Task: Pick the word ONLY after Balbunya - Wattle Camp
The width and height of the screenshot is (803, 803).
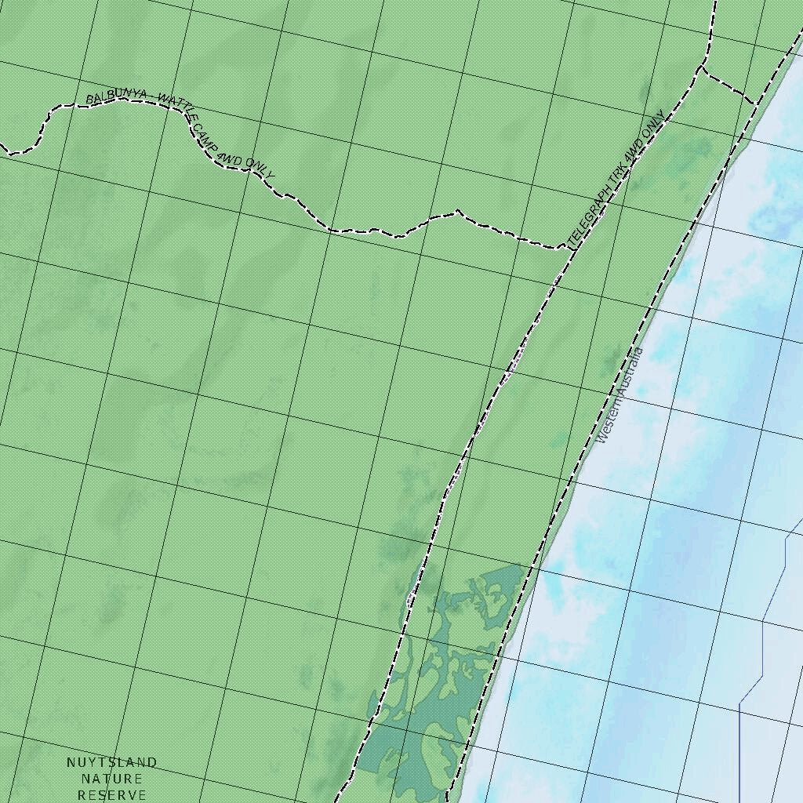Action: (259, 167)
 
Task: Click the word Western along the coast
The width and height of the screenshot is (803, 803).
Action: (611, 416)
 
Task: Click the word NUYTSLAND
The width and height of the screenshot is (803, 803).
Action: (111, 762)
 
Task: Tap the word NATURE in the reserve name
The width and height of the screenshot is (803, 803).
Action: (111, 779)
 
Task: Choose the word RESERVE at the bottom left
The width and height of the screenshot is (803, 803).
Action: (111, 795)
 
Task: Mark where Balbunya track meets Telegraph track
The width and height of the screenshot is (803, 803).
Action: (566, 248)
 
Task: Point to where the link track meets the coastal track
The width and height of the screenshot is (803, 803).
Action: (754, 104)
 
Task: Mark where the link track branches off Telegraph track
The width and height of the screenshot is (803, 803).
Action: (700, 69)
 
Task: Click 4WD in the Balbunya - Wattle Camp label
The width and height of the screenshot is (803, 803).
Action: (230, 158)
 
